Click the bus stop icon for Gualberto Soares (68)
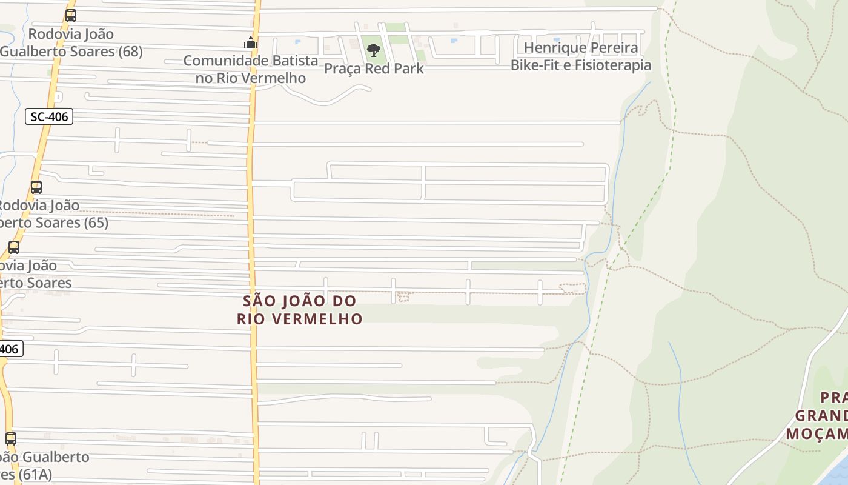click(x=71, y=16)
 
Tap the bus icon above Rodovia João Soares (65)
click(x=36, y=187)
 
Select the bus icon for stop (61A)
click(x=11, y=438)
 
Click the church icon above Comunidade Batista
click(x=250, y=43)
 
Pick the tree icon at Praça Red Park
click(x=374, y=50)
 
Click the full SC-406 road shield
click(x=49, y=116)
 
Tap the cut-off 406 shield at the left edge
click(x=10, y=349)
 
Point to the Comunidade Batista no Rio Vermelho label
click(x=250, y=69)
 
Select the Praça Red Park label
click(x=374, y=69)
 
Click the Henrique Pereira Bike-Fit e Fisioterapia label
click(x=581, y=56)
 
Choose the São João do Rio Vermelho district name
click(x=300, y=310)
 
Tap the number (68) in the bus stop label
click(x=130, y=52)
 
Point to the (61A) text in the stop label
click(x=35, y=474)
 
